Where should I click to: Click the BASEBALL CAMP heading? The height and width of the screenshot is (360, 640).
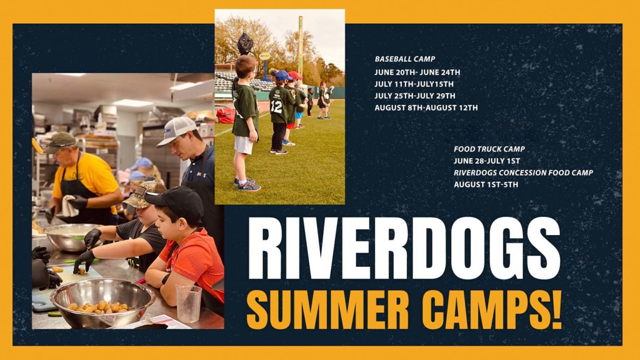[405, 59]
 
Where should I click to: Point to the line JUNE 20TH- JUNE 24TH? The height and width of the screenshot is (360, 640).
[417, 72]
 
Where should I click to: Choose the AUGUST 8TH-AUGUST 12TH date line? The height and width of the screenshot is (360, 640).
[426, 107]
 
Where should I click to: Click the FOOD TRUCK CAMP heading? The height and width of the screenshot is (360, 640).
[489, 149]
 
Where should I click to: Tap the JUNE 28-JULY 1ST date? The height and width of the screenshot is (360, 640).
[487, 161]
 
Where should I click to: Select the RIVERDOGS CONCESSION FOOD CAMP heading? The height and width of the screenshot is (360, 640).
[523, 172]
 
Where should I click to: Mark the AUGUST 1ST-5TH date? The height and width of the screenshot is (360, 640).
[486, 184]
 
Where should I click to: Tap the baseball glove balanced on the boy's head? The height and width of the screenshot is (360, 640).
[245, 43]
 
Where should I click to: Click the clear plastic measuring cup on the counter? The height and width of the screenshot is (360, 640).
[188, 304]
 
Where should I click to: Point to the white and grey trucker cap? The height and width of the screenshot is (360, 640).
[177, 130]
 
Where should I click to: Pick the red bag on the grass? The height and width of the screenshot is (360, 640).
[225, 115]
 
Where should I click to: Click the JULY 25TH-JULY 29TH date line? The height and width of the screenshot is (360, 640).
[415, 96]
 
